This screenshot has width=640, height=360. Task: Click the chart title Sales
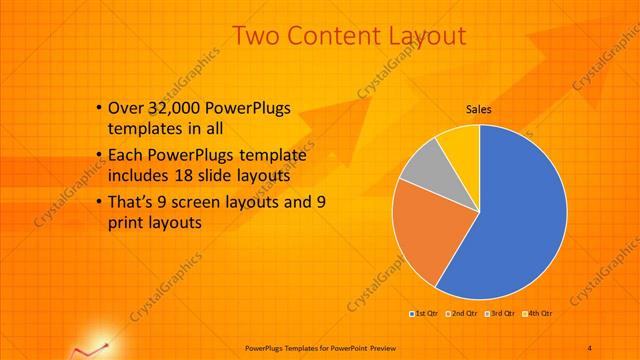pyautogui.click(x=479, y=110)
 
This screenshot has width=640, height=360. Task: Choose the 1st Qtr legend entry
pyautogui.click(x=425, y=313)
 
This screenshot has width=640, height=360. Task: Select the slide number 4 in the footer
pyautogui.click(x=590, y=347)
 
